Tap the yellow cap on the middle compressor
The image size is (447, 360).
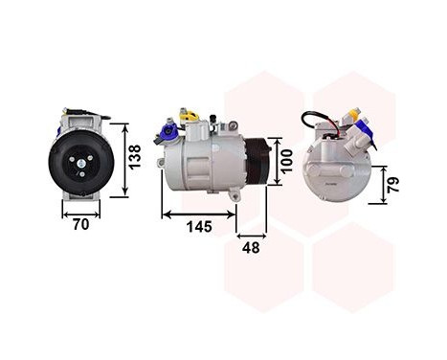pos(191,117)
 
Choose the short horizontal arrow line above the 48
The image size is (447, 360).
pos(252,233)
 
